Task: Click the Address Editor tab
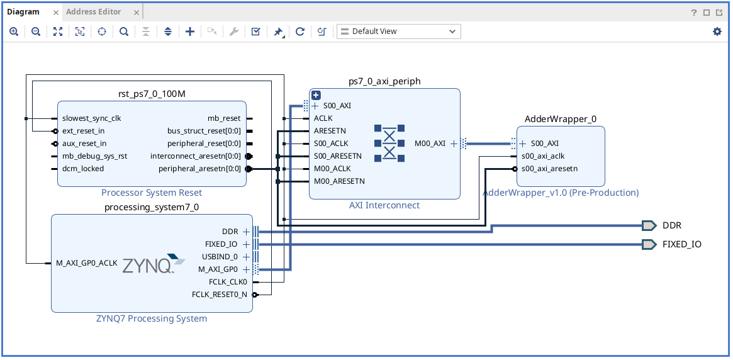click(x=93, y=11)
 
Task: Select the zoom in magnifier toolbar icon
click(x=14, y=31)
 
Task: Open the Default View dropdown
click(x=399, y=31)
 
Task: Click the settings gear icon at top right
click(x=717, y=31)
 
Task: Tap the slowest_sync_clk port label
click(x=91, y=118)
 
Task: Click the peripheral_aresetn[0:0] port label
click(x=199, y=169)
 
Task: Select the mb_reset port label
click(x=224, y=118)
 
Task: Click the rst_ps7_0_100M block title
click(x=152, y=94)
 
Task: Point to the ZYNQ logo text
click(x=147, y=264)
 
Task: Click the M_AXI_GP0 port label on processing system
click(x=219, y=269)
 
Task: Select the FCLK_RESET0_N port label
click(x=219, y=295)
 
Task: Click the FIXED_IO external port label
click(x=681, y=244)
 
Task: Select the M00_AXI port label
click(x=430, y=143)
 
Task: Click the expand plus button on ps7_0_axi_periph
click(x=316, y=95)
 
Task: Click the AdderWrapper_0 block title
click(x=560, y=119)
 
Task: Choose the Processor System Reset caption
click(x=152, y=193)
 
